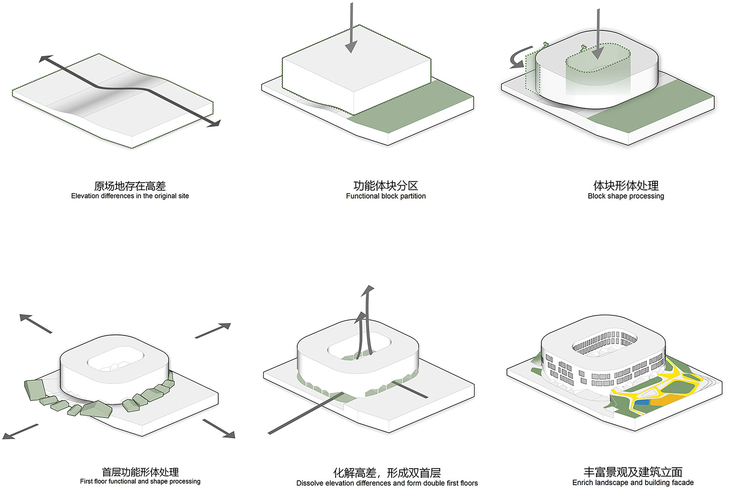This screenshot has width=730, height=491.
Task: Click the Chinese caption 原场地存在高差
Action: click(x=130, y=186)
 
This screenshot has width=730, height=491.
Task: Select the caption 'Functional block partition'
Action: click(x=386, y=196)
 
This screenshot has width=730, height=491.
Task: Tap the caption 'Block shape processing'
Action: click(x=626, y=196)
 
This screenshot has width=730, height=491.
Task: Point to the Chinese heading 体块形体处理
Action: click(x=626, y=186)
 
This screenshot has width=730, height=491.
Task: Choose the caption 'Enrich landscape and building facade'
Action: click(x=633, y=482)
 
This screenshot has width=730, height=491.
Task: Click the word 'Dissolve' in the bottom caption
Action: click(x=309, y=483)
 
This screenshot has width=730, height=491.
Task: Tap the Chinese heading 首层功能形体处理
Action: click(x=140, y=472)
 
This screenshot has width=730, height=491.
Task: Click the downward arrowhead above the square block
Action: click(x=351, y=47)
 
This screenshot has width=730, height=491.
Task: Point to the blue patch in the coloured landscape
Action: click(x=642, y=403)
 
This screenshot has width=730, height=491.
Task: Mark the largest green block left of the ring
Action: click(x=34, y=390)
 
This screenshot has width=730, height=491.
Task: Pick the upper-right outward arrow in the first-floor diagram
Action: click(x=213, y=331)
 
